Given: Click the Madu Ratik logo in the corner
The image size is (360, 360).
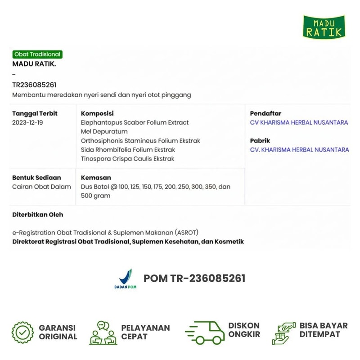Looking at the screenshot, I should tap(324, 26).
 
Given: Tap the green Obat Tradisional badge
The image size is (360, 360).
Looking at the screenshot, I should tap(37, 54).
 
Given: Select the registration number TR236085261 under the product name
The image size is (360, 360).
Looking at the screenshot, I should tap(34, 85).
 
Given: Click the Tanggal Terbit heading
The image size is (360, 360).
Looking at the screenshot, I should tap(35, 113).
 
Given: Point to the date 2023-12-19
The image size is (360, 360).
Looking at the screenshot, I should tap(28, 122).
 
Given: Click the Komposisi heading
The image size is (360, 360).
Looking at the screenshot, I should tap(97, 113).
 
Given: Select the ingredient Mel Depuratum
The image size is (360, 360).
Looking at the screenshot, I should tap(104, 131).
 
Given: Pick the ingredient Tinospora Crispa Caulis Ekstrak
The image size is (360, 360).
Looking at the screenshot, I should tap(127, 158).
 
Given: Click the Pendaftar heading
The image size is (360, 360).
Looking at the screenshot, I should tap(265, 113).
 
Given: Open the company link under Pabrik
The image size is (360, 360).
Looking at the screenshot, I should tap(299, 149).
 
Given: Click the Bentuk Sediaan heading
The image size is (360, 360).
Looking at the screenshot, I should tap(36, 178).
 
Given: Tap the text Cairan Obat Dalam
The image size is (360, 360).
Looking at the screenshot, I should tap(41, 187).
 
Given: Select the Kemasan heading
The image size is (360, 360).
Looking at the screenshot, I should tap(96, 178).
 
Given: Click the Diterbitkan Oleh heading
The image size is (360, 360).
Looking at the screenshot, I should tap(37, 215).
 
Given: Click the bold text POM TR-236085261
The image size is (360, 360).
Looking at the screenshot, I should tap(194, 279).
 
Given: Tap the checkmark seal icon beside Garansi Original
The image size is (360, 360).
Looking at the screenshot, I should tap(22, 333).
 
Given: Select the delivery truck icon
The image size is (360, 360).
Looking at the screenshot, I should tap(205, 333).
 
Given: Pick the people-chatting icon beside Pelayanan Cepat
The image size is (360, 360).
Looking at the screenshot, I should tap(103, 333).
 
